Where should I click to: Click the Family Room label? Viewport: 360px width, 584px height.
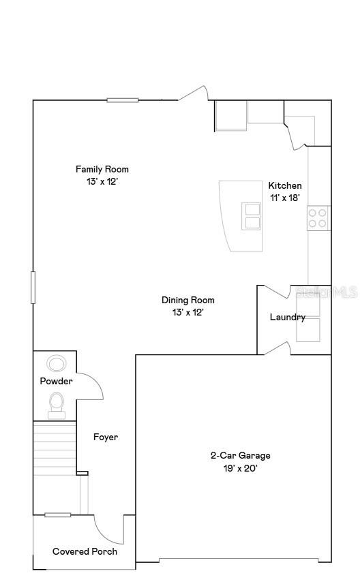coord(102,170)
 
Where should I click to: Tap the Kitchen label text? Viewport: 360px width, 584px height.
coord(285,185)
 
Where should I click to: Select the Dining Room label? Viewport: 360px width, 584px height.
coord(188,300)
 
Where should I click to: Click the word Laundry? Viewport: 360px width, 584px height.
coord(287,317)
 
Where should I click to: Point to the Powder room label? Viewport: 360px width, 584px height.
coord(56,381)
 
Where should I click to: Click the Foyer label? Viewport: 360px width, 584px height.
coord(106,437)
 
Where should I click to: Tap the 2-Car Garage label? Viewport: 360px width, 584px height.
coord(240,455)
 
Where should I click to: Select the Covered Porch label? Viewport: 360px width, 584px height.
coord(85,551)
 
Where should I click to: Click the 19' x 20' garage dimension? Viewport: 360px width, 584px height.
coord(240,468)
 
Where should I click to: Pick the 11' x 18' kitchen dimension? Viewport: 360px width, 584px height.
coord(285,198)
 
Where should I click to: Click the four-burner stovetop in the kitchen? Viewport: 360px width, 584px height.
coord(317,218)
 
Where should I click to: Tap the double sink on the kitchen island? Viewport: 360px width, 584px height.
coord(252,216)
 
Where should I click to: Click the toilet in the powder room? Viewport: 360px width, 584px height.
coord(57,403)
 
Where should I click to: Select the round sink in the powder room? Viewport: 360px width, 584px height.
coord(56,363)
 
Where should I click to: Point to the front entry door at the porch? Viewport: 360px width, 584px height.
coord(107,529)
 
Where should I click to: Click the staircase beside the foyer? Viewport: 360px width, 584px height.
coord(55,448)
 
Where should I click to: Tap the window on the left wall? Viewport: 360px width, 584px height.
coord(33,287)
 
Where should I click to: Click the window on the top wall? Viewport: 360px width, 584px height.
coord(123,100)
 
